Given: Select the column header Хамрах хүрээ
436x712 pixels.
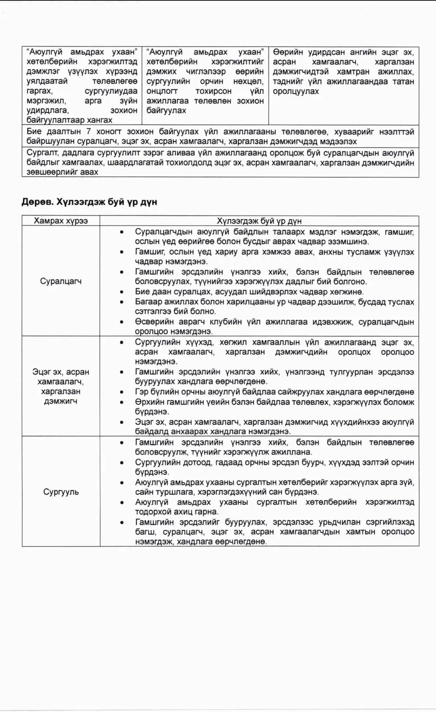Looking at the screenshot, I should pos(60,221).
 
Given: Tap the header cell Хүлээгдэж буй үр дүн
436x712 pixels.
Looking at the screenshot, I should pos(259,221).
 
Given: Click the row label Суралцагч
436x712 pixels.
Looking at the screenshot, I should pos(60,281).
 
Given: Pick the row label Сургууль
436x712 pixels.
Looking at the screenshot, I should pos(61,492).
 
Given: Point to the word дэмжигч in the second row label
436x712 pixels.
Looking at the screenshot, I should pos(60,401).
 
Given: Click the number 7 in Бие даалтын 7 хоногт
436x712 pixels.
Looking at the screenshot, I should pos(88,132).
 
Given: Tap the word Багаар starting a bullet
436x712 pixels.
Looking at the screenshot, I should pos(147,302).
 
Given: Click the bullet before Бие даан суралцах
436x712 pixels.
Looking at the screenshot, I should pos(122,292).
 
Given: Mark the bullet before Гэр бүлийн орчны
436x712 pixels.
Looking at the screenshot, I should pos(122,392).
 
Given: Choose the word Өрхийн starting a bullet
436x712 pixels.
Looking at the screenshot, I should pos(146,402).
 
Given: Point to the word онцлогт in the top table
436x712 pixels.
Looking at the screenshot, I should pos(162,91).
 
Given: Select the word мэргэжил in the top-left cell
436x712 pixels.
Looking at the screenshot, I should pos(46,101).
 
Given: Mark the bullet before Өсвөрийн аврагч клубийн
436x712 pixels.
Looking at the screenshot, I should pos(122,322).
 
